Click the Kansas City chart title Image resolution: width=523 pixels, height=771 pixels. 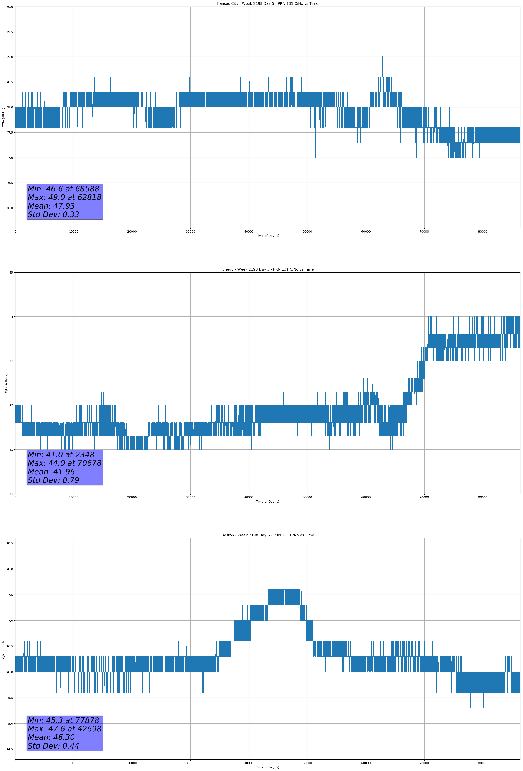point(267,4)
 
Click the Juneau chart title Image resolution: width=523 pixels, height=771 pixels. point(267,269)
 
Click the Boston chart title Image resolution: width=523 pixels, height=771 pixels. point(267,535)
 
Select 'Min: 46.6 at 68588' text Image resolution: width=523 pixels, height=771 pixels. point(63,189)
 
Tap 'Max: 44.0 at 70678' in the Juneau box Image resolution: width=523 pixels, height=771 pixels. point(64,463)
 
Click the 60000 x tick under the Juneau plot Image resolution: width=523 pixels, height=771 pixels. point(366,497)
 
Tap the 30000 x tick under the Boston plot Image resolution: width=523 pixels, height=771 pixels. point(190,763)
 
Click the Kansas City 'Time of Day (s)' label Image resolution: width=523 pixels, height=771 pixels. point(267,236)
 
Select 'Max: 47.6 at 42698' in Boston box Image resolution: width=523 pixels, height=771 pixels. point(64,729)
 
